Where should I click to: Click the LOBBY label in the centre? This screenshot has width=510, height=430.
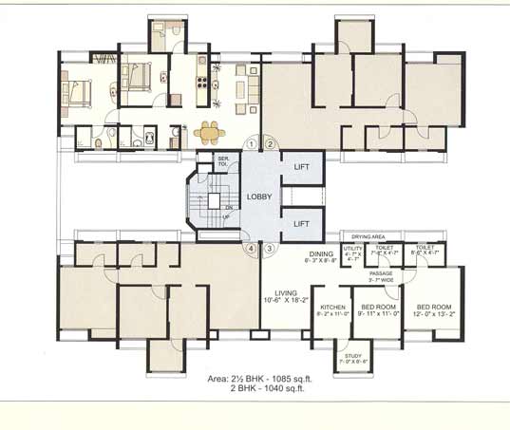(x=259, y=196)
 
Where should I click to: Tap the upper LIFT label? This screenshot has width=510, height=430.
(x=301, y=167)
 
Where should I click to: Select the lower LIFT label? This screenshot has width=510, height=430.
(x=301, y=224)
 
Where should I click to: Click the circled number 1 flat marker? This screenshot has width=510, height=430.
(x=252, y=143)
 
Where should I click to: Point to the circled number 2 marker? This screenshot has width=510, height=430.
(x=270, y=143)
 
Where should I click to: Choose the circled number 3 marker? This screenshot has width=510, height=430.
(x=270, y=249)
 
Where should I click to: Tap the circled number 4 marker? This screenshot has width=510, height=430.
(x=252, y=249)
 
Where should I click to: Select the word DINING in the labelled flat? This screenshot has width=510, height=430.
(x=321, y=253)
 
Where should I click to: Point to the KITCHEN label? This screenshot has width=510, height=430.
(x=332, y=308)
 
